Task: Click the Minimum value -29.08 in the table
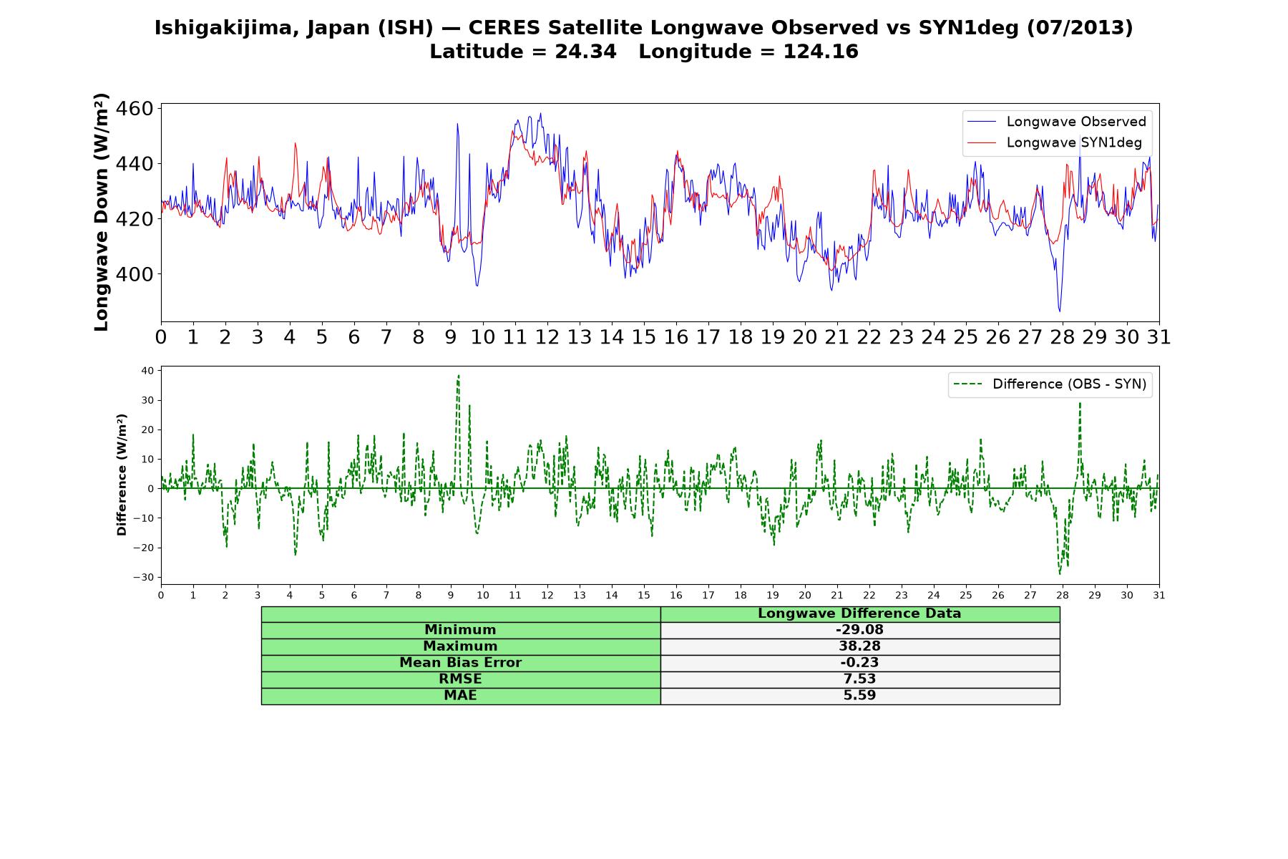tap(859, 630)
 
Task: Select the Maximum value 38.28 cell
tap(859, 646)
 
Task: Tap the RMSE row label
tap(460, 679)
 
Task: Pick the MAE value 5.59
tap(859, 696)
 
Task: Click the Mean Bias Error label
tap(460, 663)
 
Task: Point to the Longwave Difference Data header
tap(859, 613)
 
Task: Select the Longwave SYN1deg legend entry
tap(1055, 142)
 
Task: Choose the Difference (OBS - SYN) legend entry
tap(1050, 384)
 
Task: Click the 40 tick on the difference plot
tap(147, 371)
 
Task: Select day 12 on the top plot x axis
tap(547, 337)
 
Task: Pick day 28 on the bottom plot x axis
tap(1063, 596)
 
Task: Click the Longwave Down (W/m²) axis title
tap(101, 212)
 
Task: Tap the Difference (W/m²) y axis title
tap(122, 475)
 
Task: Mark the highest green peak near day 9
tap(458, 375)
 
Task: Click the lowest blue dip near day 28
tap(1060, 311)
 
